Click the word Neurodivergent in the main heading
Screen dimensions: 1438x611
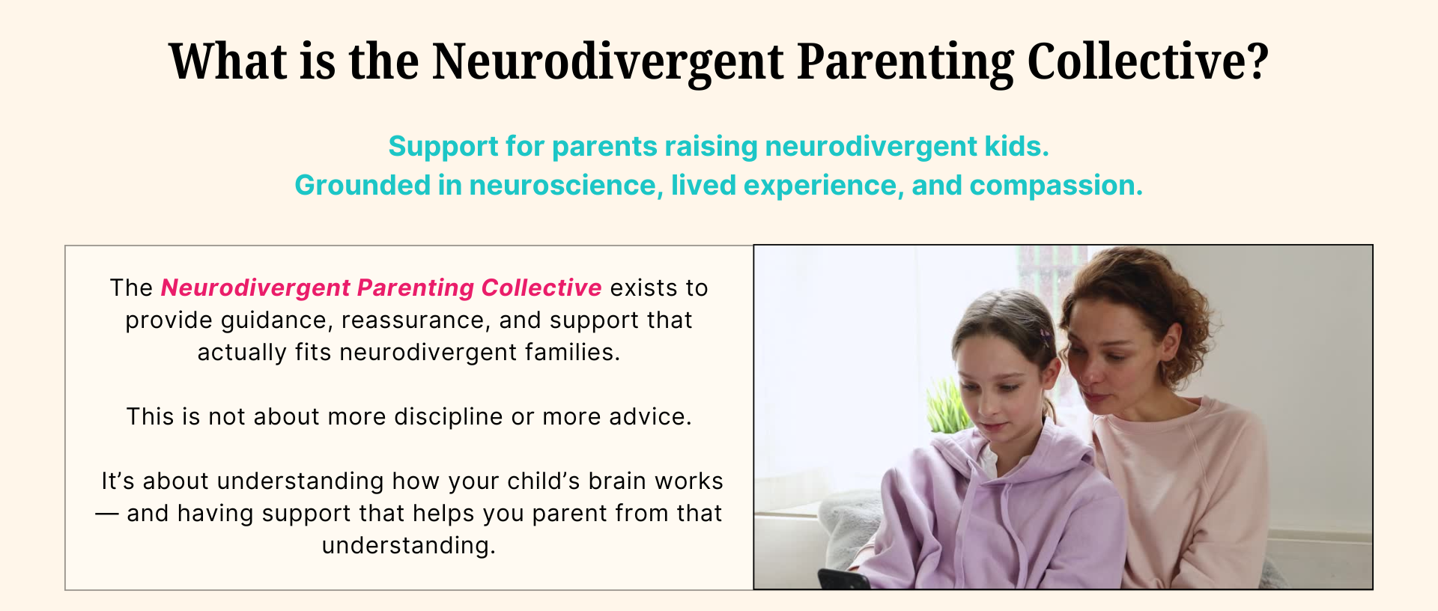coord(607,62)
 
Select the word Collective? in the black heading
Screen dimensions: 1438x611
coord(1147,61)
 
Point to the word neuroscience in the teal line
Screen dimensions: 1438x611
coord(566,185)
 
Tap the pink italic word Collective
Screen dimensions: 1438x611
coord(541,288)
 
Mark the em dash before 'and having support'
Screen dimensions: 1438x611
coord(107,514)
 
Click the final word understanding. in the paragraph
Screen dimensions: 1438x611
coord(409,545)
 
